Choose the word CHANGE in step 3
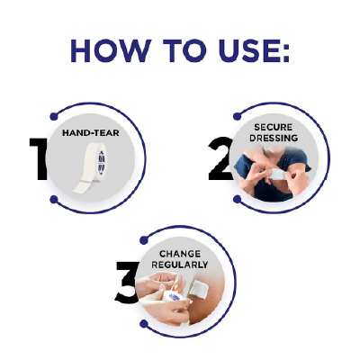coord(181,255)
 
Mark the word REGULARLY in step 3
coord(181,265)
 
